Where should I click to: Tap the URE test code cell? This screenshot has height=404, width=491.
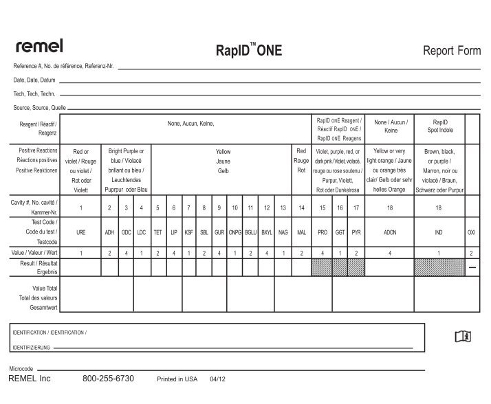pos(80,233)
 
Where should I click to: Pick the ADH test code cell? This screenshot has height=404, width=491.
pos(109,233)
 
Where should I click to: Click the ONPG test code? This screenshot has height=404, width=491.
pos(234,233)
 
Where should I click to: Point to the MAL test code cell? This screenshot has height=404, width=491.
pos(301,233)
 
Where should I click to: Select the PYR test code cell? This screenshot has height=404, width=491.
pos(356,233)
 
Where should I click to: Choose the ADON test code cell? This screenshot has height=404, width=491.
pos(390,233)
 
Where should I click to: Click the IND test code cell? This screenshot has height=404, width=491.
pos(439,233)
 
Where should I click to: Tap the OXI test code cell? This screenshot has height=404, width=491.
pos(471,233)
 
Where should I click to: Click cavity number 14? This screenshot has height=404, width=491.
pos(301,207)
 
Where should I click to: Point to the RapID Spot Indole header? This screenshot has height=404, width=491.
pos(439,126)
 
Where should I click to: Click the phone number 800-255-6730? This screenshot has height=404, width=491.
pos(108,379)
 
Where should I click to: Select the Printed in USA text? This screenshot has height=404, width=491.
pos(177,379)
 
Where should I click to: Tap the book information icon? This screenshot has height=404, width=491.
pos(464,336)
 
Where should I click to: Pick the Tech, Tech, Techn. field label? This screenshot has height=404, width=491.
pos(34,93)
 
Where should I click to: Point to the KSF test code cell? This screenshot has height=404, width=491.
pos(188,233)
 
